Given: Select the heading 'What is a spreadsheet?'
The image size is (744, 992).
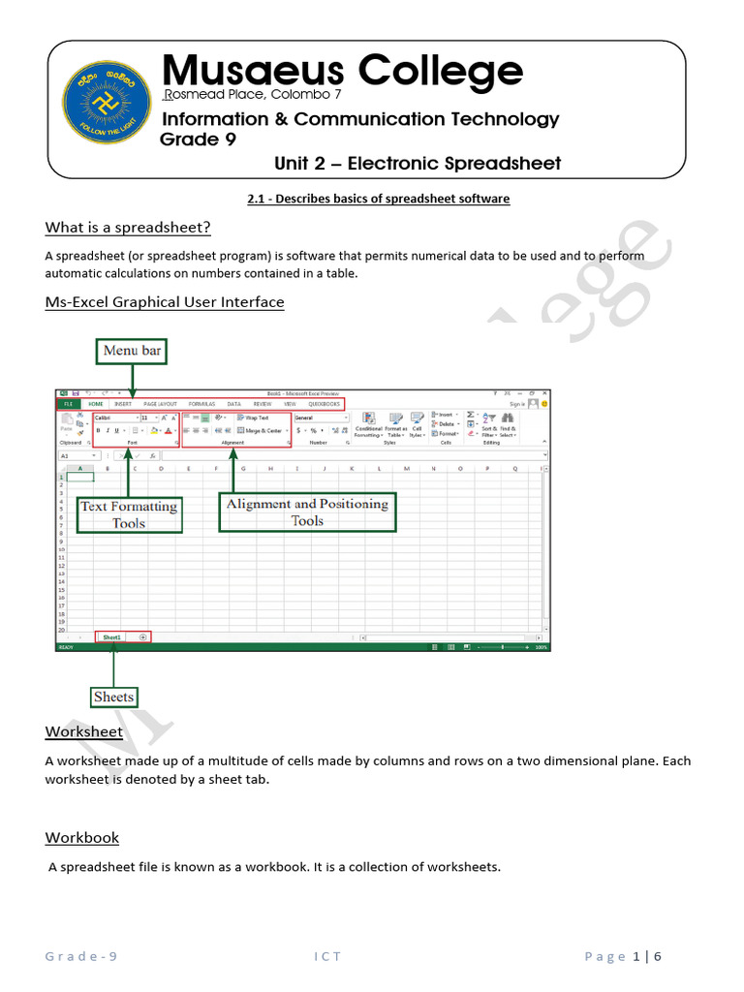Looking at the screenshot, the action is pos(128,228).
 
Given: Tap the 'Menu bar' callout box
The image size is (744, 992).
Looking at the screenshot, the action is pos(132,351).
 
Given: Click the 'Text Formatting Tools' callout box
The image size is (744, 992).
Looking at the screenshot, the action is pos(129,514).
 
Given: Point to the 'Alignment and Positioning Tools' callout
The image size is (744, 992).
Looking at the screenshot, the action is pos(307,512).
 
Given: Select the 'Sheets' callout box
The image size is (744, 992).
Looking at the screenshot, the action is pos(113,697).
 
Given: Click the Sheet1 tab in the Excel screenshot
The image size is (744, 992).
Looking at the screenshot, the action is pos(112,636).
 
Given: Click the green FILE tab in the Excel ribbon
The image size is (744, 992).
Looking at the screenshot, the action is pos(68,403).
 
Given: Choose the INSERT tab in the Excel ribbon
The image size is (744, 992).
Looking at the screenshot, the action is pos(123,403).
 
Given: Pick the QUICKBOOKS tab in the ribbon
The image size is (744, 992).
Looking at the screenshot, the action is pos(324,403).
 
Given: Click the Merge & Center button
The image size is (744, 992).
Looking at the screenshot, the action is pos(261,430).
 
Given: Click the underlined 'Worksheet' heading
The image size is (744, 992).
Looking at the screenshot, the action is pos(84,731).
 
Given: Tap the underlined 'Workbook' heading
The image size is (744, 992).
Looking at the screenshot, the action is pos(82,837).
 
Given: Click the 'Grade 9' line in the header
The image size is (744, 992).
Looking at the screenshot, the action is pos(191,139).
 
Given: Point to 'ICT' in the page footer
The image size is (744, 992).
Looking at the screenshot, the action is pos(327,957).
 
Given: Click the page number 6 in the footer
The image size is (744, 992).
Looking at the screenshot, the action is pos(658,957).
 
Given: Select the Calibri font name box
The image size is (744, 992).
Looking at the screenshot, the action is pos(115,418).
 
